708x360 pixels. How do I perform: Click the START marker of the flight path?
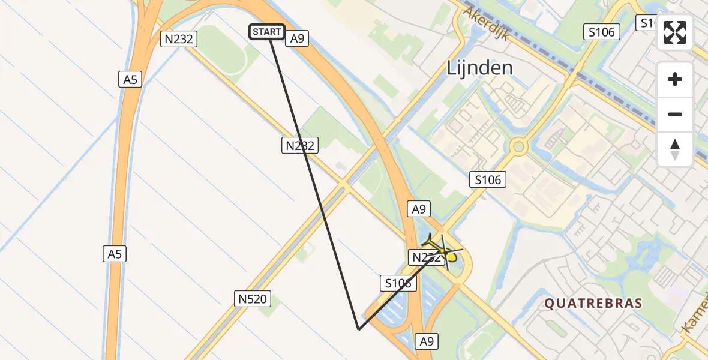point(266,32)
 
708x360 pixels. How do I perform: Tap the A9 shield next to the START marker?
point(298,39)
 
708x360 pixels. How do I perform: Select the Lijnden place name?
point(479,68)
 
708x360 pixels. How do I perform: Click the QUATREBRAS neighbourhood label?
point(593,304)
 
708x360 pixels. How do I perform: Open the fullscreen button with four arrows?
point(675,32)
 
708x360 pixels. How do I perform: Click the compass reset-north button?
point(675,149)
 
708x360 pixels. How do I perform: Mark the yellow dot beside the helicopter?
point(451,257)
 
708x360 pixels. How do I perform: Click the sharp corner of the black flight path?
point(358,329)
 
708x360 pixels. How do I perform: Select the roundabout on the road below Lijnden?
point(518,146)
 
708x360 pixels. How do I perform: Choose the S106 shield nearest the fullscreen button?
point(601,32)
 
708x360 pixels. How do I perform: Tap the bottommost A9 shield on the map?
point(426,341)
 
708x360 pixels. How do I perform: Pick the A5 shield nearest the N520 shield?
point(115,254)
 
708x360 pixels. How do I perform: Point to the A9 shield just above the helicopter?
point(419,209)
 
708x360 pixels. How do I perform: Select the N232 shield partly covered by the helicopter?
point(425,258)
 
